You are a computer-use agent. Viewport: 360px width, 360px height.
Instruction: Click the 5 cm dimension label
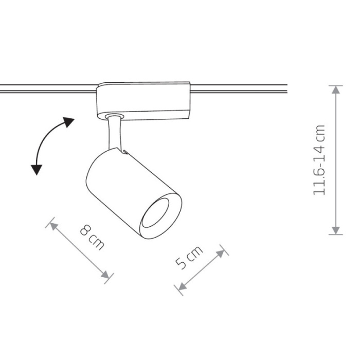click(189, 257)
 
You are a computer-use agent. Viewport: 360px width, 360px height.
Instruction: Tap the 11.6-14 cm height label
click(319, 160)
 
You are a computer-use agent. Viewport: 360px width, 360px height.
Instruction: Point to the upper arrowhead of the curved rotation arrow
click(68, 122)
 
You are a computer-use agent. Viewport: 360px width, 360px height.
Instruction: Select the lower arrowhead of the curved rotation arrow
click(37, 170)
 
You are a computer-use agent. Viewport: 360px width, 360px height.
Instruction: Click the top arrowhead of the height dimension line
click(336, 89)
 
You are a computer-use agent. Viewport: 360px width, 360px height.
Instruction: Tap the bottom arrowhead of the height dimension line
click(336, 230)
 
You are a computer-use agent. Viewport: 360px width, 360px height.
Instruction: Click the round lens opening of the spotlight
click(155, 213)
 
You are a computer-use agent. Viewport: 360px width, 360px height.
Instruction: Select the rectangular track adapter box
click(143, 101)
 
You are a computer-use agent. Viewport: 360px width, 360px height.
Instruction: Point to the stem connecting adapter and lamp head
click(115, 133)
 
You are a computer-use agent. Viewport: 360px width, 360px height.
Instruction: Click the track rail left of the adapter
click(48, 89)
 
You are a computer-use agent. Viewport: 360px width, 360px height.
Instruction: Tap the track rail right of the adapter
click(239, 88)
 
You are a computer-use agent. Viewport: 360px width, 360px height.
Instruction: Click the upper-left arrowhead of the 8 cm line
click(54, 226)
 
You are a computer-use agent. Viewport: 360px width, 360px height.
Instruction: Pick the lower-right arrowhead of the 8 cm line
click(105, 275)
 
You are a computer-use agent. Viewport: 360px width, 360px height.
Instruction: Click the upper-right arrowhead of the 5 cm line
click(221, 254)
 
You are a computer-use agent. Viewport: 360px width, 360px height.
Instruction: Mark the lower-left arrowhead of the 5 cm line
click(182, 287)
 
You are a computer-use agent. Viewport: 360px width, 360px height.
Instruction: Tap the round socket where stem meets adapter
click(114, 116)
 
